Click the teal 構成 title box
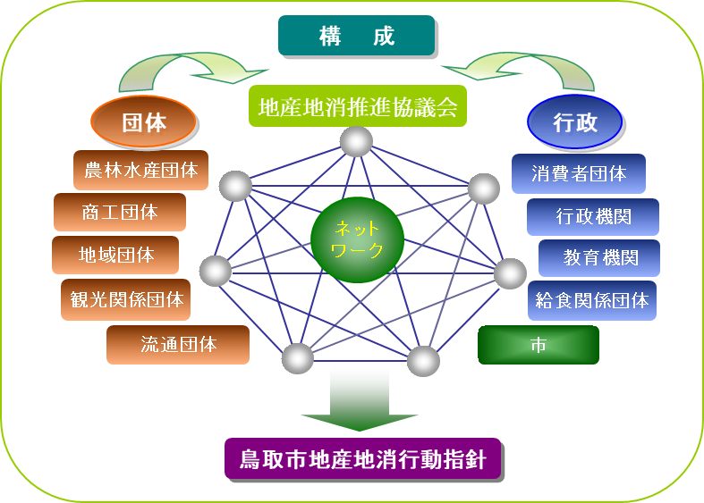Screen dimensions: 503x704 pyautogui.click(x=356, y=36)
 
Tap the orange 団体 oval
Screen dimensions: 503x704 pyautogui.click(x=144, y=122)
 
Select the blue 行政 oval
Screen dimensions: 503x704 pyautogui.click(x=574, y=122)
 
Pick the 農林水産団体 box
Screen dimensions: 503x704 pyautogui.click(x=140, y=170)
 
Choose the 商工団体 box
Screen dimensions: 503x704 pyautogui.click(x=119, y=213)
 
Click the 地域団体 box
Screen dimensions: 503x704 pyautogui.click(x=115, y=255)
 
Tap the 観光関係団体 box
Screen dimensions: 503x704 pyautogui.click(x=125, y=299)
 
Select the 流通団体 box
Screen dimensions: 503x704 pyautogui.click(x=177, y=344)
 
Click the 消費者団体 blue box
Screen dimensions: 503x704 pyautogui.click(x=578, y=173)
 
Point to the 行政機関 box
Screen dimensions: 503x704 pyautogui.click(x=592, y=216)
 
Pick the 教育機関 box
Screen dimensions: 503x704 pyautogui.click(x=599, y=258)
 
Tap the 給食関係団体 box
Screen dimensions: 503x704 pyautogui.click(x=590, y=300)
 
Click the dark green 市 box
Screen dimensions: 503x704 pyautogui.click(x=538, y=345)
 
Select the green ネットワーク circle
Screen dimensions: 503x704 pyautogui.click(x=357, y=239)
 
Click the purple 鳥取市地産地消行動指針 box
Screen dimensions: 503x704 pyautogui.click(x=362, y=460)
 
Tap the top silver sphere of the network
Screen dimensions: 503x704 pyautogui.click(x=356, y=141)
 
